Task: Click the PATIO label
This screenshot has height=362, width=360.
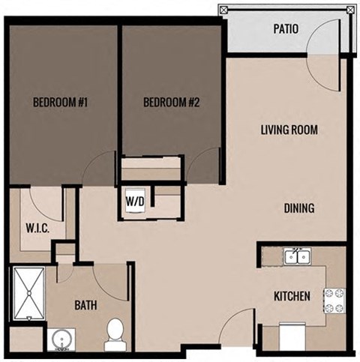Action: (286, 30)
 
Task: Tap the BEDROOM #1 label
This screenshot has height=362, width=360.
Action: (61, 103)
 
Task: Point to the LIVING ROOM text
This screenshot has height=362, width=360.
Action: (289, 130)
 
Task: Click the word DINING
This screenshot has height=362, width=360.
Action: (299, 208)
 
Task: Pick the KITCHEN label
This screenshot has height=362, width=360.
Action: (291, 297)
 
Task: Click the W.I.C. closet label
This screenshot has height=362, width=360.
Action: (37, 228)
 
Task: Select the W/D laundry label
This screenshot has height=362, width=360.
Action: (136, 201)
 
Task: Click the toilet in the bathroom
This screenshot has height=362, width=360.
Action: (115, 332)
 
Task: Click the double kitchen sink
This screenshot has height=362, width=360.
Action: (298, 257)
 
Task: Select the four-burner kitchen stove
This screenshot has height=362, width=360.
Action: (333, 301)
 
